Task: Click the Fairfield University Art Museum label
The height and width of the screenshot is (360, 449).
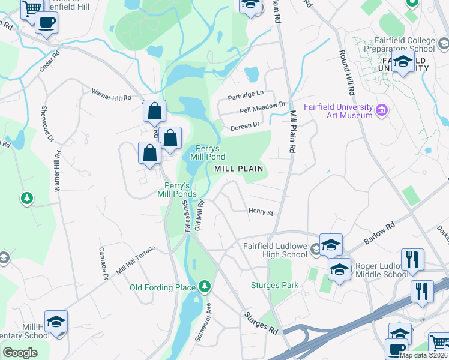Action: (337, 111)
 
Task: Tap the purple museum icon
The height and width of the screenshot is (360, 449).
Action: (381, 110)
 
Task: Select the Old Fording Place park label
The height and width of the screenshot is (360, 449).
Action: (163, 287)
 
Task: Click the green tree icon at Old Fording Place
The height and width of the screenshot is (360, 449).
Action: (205, 286)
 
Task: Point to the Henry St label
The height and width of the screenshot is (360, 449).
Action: (261, 212)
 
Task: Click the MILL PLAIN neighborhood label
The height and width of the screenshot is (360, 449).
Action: (238, 169)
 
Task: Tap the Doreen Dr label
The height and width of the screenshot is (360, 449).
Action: (244, 125)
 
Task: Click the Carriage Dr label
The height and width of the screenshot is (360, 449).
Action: (103, 263)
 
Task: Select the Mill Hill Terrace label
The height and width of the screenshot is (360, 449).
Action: (136, 259)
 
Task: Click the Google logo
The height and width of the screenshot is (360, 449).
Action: (20, 353)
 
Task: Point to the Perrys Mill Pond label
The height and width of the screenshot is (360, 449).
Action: (208, 152)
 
